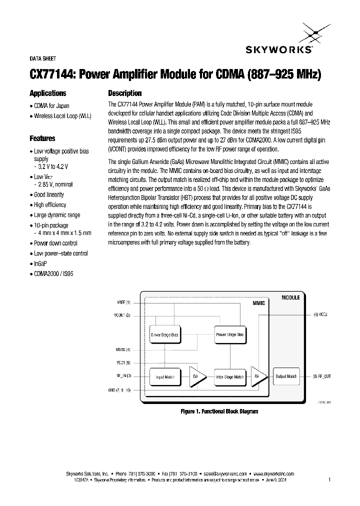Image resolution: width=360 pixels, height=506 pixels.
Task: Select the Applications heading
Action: pos(48,93)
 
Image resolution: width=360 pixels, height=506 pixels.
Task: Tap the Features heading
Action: pos(42,138)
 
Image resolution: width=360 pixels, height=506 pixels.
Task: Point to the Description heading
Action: pos(125,93)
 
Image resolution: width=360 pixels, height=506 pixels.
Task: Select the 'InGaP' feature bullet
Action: pos(40,263)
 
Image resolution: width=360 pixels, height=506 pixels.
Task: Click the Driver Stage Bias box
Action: pos(164,334)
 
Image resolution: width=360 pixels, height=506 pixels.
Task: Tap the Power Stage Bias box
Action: pos(229,334)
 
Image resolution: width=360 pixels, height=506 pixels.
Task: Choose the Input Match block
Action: pos(164,376)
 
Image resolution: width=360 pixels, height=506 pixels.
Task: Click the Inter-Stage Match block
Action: pos(229,376)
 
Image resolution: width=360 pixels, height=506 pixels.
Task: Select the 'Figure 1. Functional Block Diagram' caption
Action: pos(219,411)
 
